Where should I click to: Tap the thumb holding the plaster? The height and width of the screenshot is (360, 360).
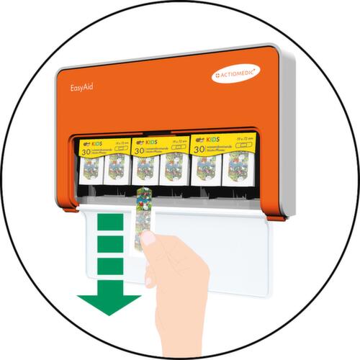(150, 241)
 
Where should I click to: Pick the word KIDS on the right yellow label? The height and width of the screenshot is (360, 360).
(214, 136)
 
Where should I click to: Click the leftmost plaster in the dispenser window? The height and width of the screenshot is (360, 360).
(90, 170)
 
